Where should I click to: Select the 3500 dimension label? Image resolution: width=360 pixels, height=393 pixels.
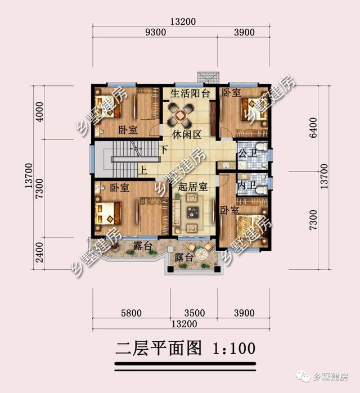(x=194, y=313)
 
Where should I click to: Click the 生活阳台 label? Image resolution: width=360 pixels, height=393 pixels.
(x=186, y=93)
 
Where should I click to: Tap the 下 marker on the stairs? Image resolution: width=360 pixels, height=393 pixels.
(x=163, y=150)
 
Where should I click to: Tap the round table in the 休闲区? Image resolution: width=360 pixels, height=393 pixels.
(x=181, y=115)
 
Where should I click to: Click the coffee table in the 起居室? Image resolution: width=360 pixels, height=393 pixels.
(x=193, y=212)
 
